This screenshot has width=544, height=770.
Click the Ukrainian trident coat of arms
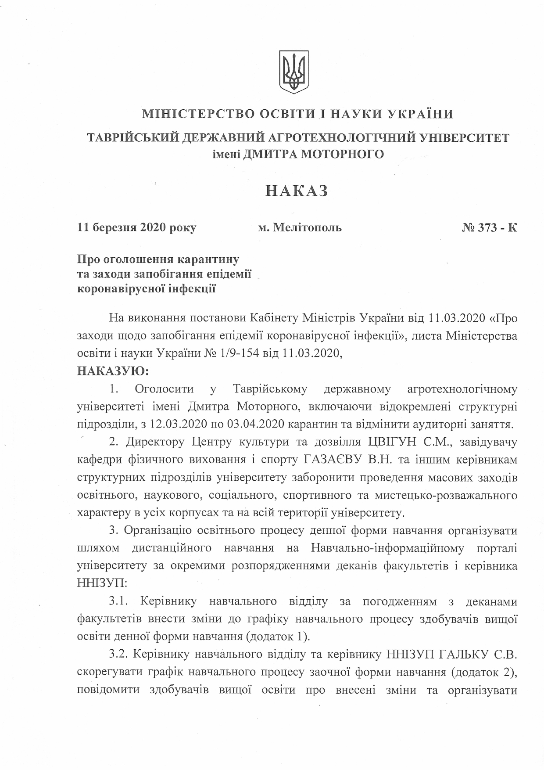(294, 72)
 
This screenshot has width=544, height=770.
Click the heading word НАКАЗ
(297, 191)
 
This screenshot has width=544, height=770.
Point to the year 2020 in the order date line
(154, 228)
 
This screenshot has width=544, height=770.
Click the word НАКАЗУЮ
(113, 371)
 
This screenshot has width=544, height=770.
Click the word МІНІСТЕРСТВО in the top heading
(197, 114)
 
